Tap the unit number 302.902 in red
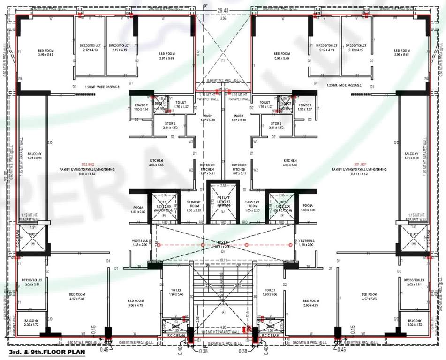pyautogui.click(x=88, y=165)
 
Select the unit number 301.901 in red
pyautogui.click(x=362, y=165)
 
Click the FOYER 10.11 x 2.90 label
pyautogui.click(x=223, y=244)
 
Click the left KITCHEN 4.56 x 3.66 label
pyautogui.click(x=157, y=163)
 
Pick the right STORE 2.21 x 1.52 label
pyautogui.click(x=276, y=125)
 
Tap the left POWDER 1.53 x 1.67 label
pyautogui.click(x=141, y=107)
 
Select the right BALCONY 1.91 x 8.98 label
pyautogui.click(x=414, y=156)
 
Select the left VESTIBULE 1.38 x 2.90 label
pyautogui.click(x=140, y=242)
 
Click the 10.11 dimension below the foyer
pyautogui.click(x=223, y=259)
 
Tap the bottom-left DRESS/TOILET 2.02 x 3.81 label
pyautogui.click(x=31, y=282)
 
